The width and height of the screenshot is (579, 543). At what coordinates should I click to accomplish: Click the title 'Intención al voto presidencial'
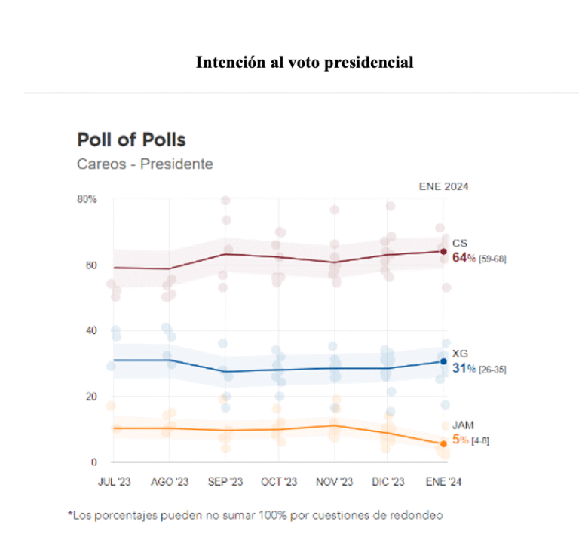click(305, 63)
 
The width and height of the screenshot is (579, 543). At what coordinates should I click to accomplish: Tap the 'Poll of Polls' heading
click(131, 140)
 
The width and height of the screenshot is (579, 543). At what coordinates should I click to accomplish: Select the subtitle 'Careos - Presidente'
click(145, 164)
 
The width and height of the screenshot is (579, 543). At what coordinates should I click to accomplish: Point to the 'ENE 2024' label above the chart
click(444, 186)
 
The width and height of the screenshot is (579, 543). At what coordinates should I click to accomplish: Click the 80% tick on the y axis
click(87, 199)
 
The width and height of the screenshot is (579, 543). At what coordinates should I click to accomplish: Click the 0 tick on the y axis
click(93, 462)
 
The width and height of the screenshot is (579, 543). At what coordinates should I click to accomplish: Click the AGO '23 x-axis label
click(170, 482)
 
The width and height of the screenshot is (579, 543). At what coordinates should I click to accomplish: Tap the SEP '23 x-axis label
click(225, 482)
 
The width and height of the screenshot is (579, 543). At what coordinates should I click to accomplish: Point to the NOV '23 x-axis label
click(334, 482)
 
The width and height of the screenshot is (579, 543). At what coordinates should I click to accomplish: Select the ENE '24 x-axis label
click(443, 482)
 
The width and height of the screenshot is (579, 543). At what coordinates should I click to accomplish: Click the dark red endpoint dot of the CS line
click(444, 251)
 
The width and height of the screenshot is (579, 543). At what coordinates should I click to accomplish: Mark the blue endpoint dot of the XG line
click(444, 361)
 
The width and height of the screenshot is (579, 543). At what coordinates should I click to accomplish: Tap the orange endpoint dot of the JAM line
click(444, 444)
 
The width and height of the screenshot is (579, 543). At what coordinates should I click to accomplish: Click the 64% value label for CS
click(463, 257)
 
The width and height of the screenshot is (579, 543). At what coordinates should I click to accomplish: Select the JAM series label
click(461, 425)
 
